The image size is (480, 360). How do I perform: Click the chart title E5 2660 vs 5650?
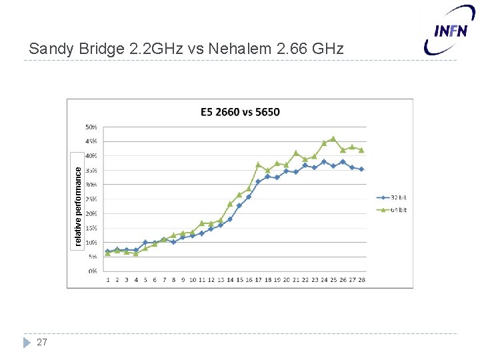(x=240, y=111)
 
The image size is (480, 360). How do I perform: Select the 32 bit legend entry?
(x=393, y=197)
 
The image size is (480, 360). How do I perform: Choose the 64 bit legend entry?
(x=393, y=210)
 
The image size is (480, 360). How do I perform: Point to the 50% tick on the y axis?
(x=91, y=127)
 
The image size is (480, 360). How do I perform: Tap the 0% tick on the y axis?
(x=93, y=271)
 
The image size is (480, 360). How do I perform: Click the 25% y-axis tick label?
(x=91, y=199)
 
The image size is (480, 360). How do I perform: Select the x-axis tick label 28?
(x=361, y=280)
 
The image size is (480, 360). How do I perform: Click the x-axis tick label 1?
(x=108, y=280)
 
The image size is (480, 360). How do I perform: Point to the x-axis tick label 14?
(x=229, y=280)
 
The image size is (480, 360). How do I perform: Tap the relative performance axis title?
(x=78, y=206)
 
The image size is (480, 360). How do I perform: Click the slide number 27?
(x=42, y=342)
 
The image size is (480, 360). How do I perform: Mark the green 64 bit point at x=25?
(x=333, y=139)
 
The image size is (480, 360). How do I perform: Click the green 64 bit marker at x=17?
(x=258, y=164)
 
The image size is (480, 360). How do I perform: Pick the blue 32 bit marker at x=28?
(x=361, y=169)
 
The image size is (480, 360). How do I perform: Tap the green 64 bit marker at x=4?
(x=136, y=253)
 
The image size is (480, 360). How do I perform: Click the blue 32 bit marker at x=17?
(x=258, y=181)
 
